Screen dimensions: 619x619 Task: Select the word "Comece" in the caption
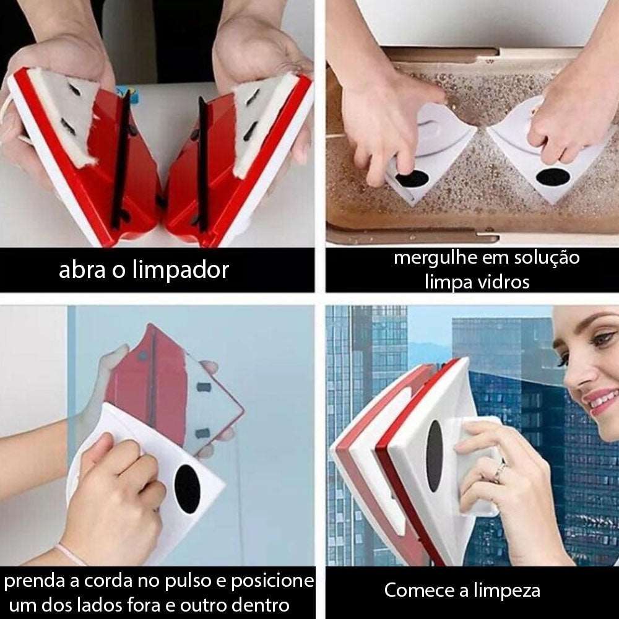[x=419, y=591]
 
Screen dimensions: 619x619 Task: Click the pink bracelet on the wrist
[x=71, y=555]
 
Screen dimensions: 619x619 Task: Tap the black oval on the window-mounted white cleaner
[x=187, y=489]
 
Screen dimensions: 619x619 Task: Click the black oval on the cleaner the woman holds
[x=435, y=456]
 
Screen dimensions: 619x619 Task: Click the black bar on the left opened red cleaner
[x=121, y=160]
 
